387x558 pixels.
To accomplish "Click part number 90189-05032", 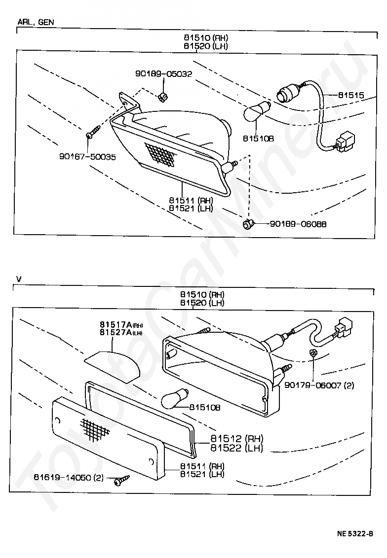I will [163, 74].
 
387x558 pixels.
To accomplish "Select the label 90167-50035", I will [87, 157].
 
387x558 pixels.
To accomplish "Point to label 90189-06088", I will [298, 224].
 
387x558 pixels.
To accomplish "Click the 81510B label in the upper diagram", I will [258, 139].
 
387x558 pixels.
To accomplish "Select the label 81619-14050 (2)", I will [69, 477].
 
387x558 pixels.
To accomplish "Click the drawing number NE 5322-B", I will [355, 533].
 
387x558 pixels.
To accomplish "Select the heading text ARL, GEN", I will [36, 22].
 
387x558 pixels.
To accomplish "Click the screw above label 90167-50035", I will [93, 132].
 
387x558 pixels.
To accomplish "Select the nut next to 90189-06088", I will [248, 225].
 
